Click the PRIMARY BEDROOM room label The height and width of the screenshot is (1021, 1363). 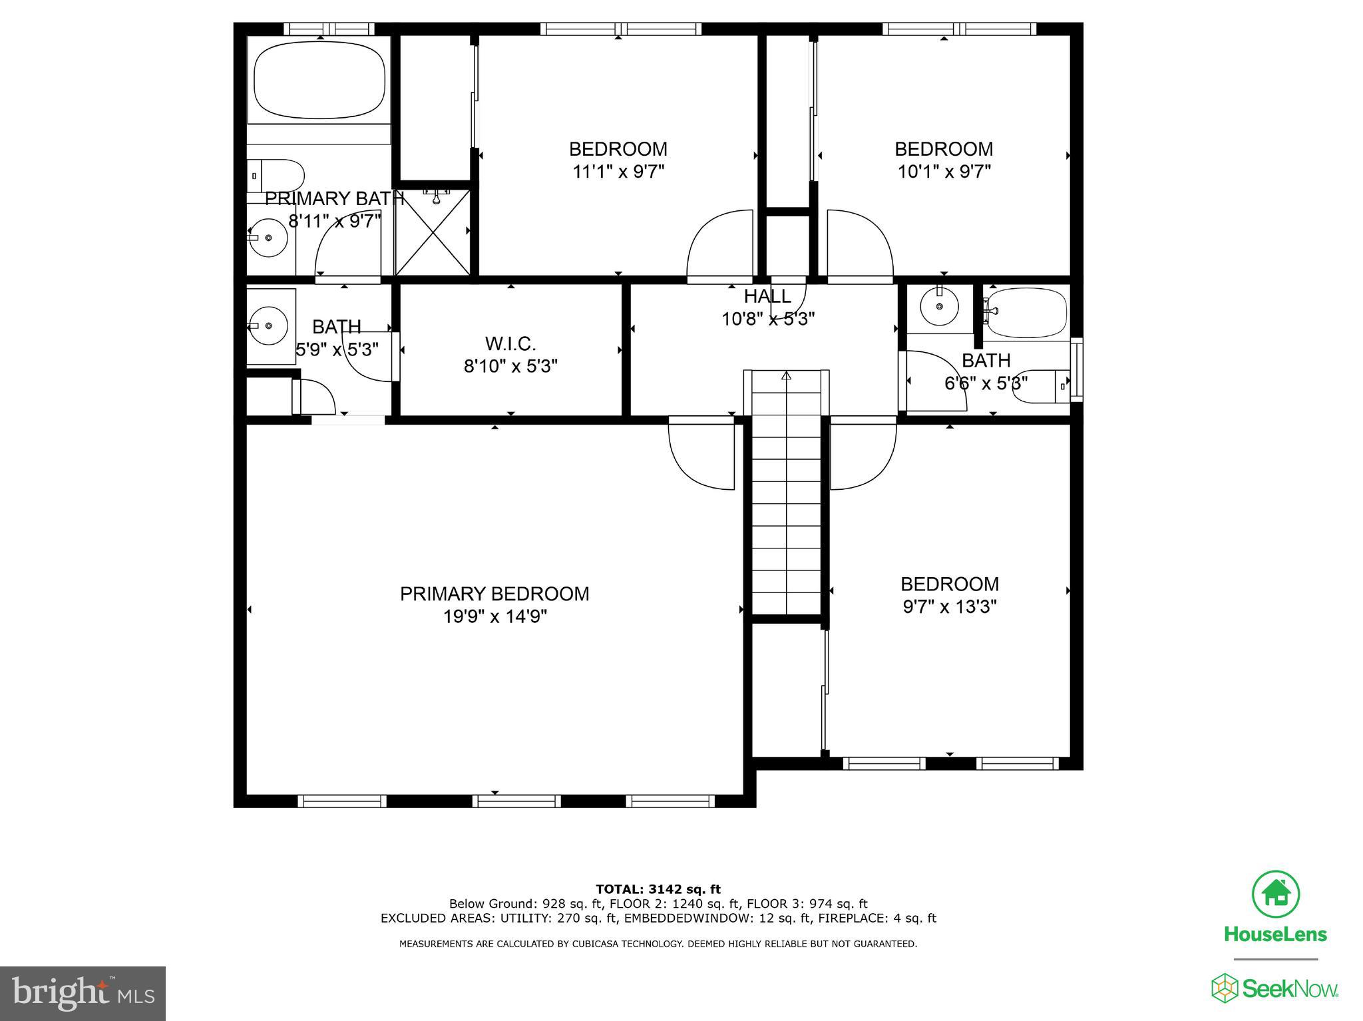(x=494, y=594)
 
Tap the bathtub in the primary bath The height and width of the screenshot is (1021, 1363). (x=320, y=81)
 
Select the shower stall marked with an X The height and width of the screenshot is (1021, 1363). (x=433, y=232)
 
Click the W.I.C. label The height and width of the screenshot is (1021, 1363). (x=510, y=344)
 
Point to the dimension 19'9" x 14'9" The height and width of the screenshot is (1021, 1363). (x=494, y=617)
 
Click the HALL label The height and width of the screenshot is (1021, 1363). (x=767, y=296)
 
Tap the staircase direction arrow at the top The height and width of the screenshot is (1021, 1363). (x=787, y=376)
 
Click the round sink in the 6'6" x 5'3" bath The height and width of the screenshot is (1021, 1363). (x=939, y=306)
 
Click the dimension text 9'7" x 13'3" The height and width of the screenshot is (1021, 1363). (x=949, y=607)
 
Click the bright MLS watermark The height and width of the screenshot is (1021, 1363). (x=83, y=993)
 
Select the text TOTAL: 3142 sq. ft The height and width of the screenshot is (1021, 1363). (x=658, y=889)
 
